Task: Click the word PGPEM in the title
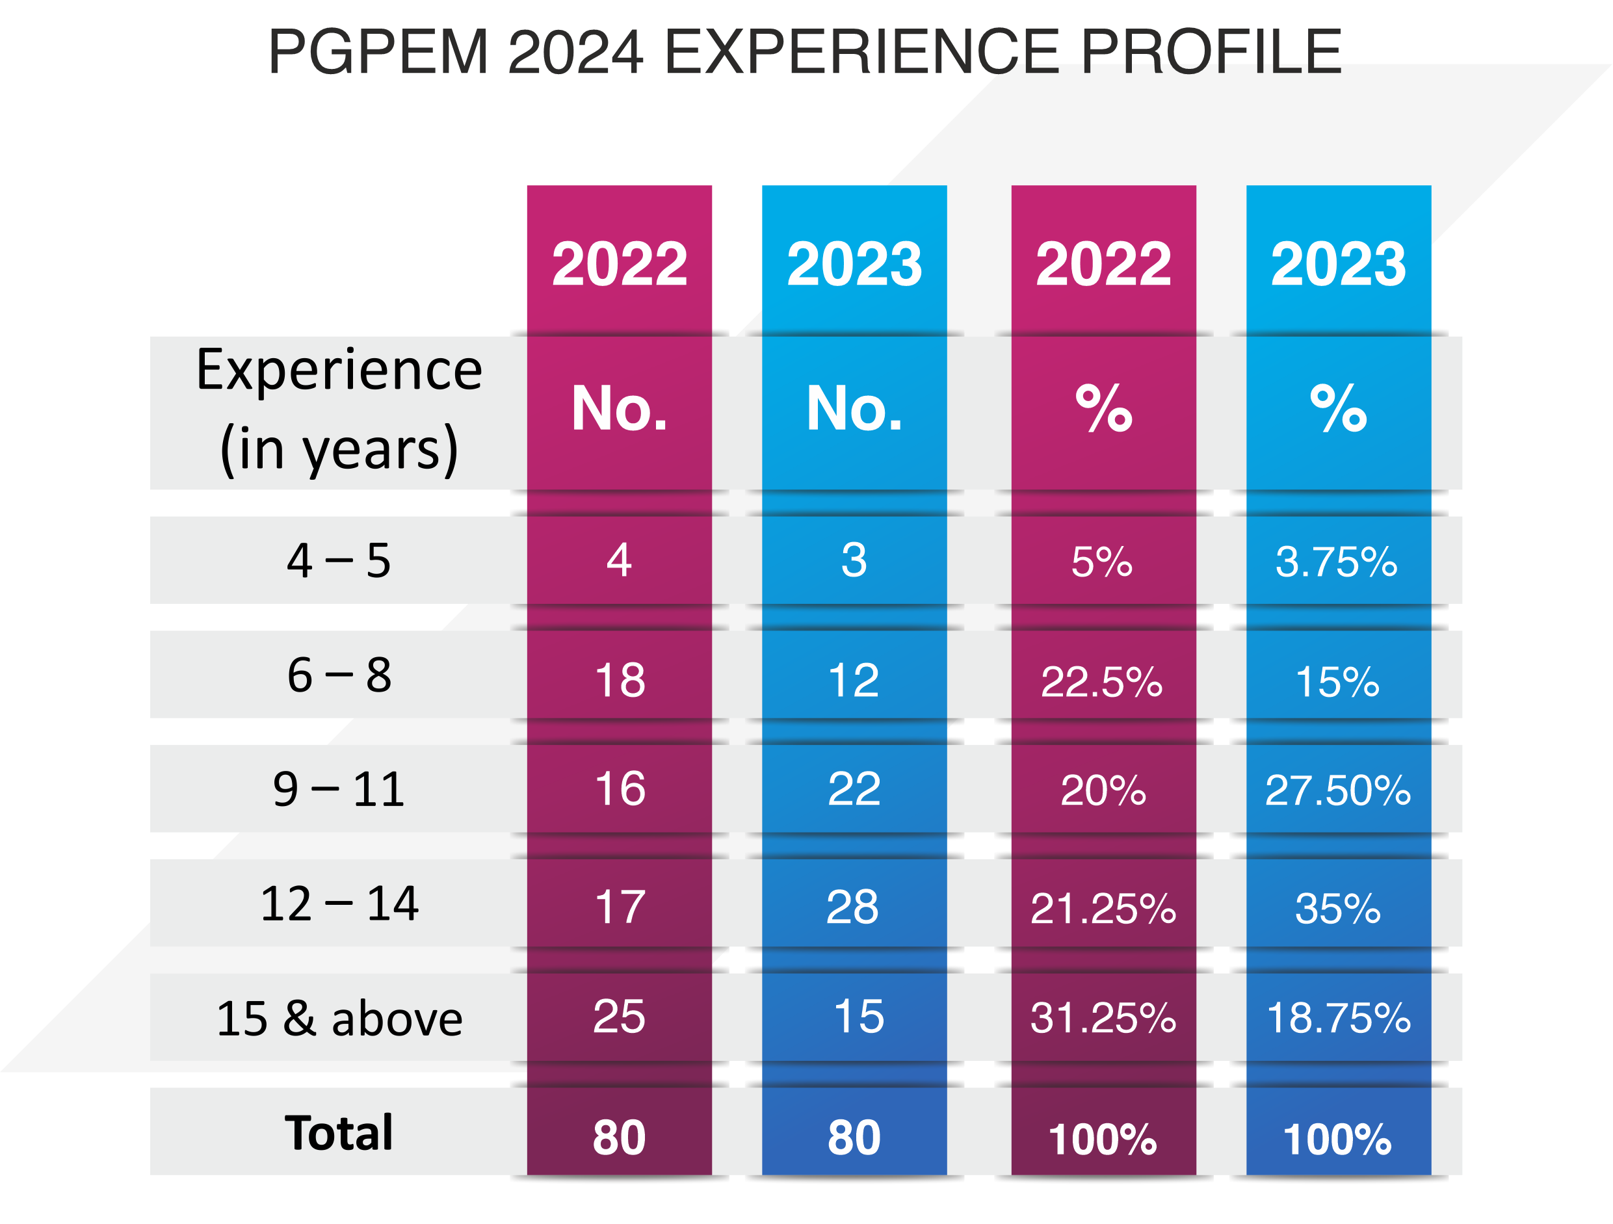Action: tap(378, 52)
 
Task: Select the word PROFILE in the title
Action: tap(1211, 52)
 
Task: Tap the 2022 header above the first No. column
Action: tap(619, 264)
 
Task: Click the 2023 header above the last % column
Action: tap(1338, 264)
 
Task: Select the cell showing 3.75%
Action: tap(1336, 562)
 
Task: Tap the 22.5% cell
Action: tap(1101, 682)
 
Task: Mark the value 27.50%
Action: tap(1337, 790)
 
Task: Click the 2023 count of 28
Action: tap(852, 907)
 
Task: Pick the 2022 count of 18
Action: tap(620, 680)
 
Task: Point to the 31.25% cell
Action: tap(1103, 1018)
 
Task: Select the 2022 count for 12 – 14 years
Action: tap(620, 907)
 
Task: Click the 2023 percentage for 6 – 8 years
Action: tap(1337, 682)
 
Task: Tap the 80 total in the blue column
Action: tap(854, 1138)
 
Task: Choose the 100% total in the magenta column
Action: tap(1103, 1139)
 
